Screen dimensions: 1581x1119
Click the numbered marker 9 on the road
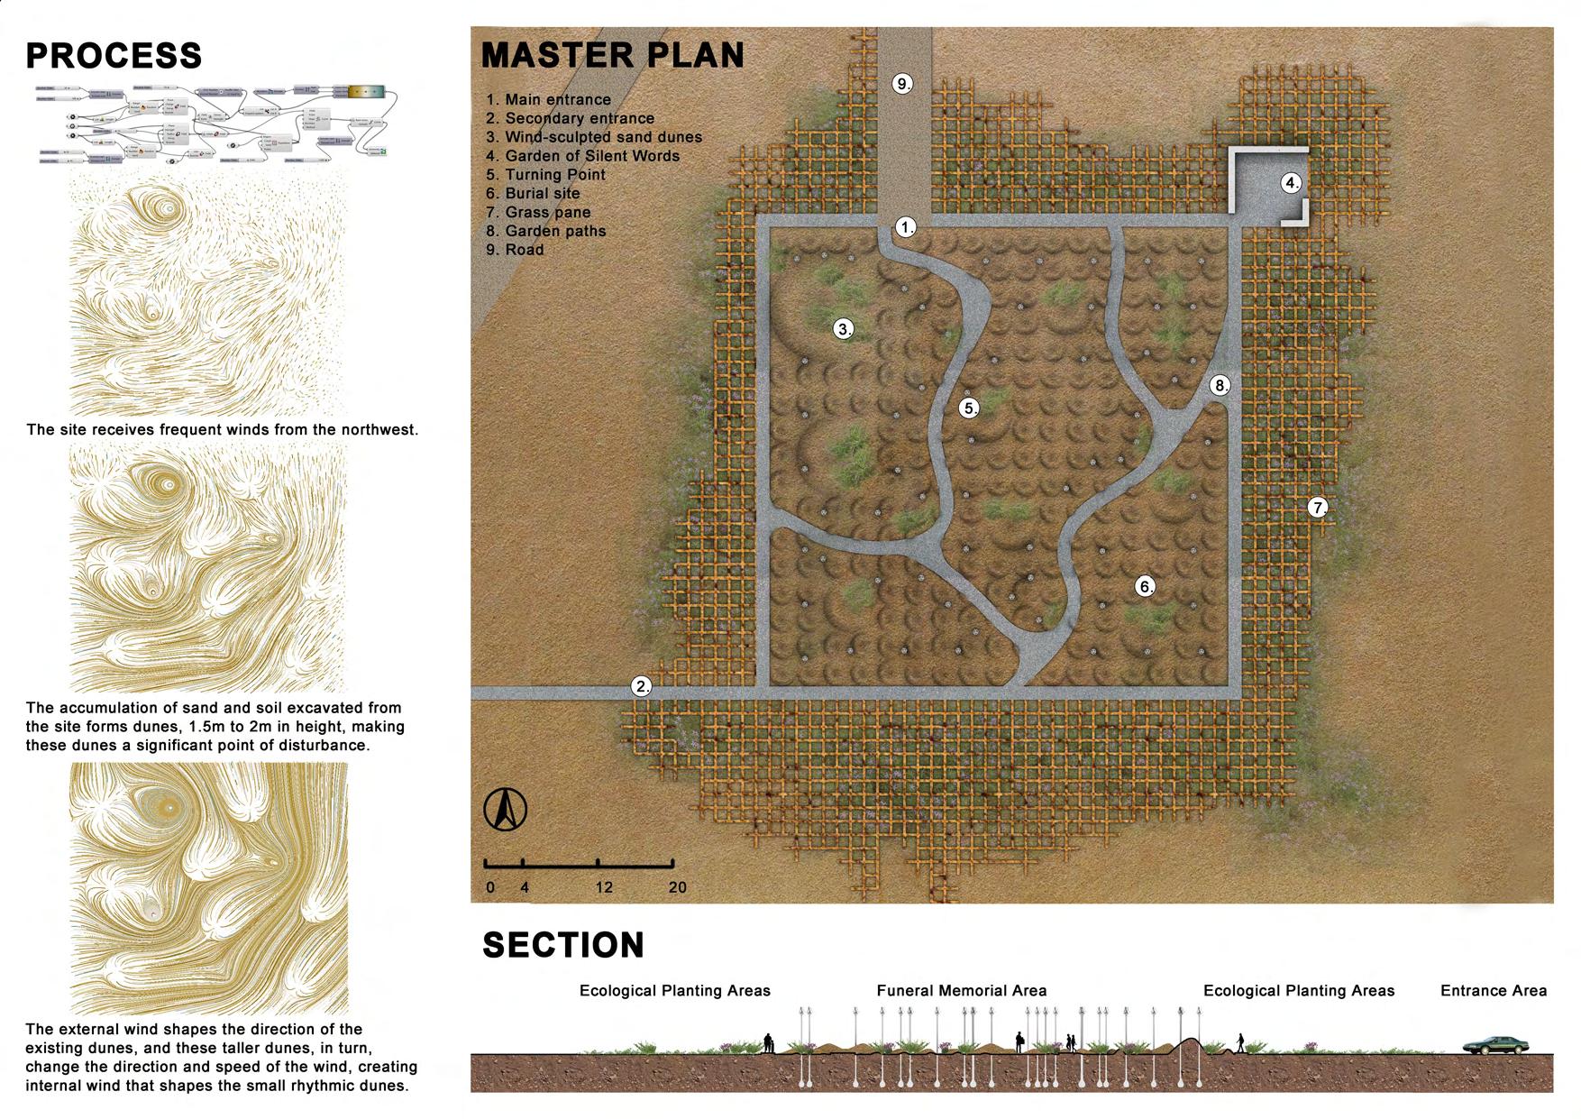pos(902,84)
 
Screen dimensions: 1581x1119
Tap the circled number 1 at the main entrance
pos(906,227)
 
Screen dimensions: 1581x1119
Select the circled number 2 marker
pos(642,686)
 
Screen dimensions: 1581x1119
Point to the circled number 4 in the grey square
pos(1292,183)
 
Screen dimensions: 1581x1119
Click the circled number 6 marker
pos(1145,587)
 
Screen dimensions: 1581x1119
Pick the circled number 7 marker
pos(1318,508)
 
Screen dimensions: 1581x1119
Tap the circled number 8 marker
pos(1220,386)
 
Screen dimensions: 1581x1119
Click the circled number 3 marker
pos(844,329)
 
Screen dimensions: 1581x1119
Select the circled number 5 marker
pos(969,408)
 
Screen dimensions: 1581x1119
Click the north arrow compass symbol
pos(505,809)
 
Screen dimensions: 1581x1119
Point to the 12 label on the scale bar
pos(603,887)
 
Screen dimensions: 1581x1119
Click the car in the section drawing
pos(1495,1044)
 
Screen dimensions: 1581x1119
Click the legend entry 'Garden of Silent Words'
pos(591,156)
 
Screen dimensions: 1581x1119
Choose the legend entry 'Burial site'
pos(542,194)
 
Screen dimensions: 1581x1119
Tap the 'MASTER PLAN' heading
pos(613,55)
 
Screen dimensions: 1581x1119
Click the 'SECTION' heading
pos(563,945)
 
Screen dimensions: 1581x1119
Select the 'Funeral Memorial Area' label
pos(961,991)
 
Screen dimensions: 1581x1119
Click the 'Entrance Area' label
pos(1493,991)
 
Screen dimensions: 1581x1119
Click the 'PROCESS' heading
pos(114,56)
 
